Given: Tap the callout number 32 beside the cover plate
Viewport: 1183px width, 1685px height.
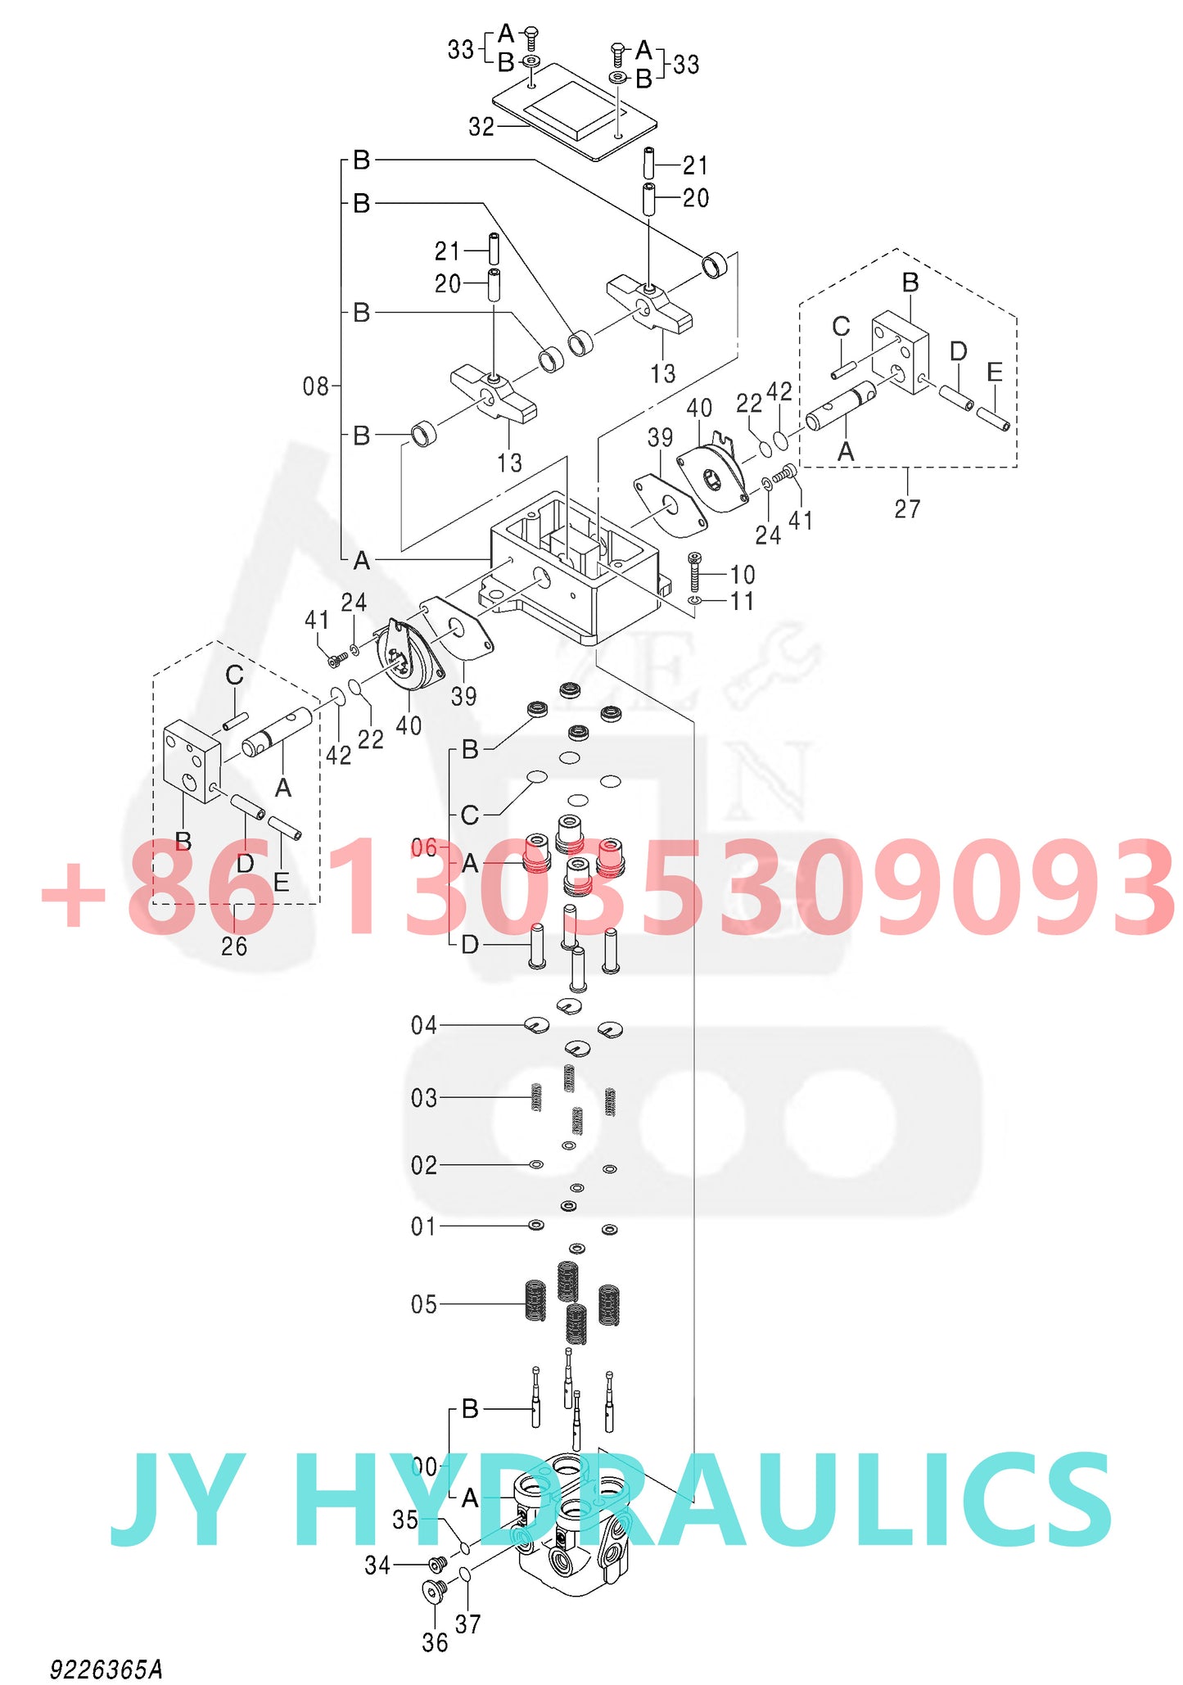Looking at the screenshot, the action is point(481,127).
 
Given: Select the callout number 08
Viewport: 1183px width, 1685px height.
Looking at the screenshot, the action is point(316,386).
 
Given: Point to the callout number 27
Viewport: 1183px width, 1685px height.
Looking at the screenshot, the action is point(907,509).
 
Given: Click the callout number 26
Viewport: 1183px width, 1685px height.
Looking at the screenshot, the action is point(234,946).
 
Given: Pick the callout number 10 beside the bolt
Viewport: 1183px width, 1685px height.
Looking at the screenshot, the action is point(743,575).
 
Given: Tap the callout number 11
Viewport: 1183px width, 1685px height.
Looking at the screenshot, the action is point(743,602).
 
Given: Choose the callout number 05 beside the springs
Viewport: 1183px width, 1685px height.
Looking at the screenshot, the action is point(424,1304).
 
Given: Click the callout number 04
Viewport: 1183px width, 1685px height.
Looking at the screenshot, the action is point(424,1025).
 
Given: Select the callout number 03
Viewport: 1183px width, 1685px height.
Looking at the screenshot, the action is point(424,1098).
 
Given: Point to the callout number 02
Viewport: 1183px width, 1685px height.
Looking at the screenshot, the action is point(424,1165).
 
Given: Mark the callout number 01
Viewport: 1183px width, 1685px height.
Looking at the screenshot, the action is point(424,1226).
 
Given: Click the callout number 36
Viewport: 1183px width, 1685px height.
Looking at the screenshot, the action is point(435,1642).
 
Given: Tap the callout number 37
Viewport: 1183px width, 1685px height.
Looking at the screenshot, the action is point(467,1624).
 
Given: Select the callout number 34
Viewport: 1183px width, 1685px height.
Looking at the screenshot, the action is point(377,1565).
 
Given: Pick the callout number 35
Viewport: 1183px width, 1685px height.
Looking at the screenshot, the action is point(405,1520).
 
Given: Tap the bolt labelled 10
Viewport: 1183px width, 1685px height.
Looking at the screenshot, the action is point(694,571).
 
